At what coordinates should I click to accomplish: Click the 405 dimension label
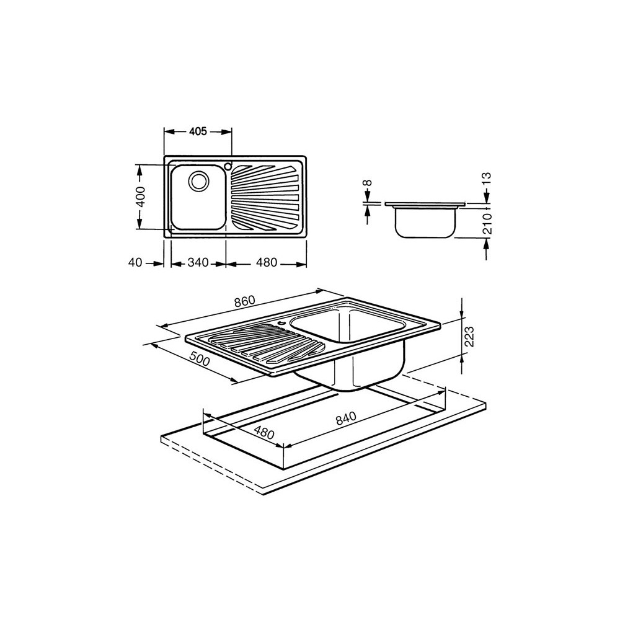[x=198, y=131]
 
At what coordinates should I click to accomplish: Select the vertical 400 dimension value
[x=140, y=197]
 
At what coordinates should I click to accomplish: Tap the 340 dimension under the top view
[x=198, y=263]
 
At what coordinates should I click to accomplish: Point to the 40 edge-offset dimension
[x=135, y=263]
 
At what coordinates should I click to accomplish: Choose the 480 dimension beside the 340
[x=266, y=263]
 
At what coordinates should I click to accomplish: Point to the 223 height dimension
[x=469, y=337]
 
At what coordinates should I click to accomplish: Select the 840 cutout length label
[x=347, y=420]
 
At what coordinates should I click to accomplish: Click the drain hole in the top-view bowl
[x=199, y=181]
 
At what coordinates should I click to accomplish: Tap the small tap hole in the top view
[x=228, y=166]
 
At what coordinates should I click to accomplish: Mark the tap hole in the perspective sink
[x=281, y=322]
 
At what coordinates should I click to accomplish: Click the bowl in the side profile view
[x=426, y=222]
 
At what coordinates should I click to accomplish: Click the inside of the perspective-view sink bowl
[x=347, y=329]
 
